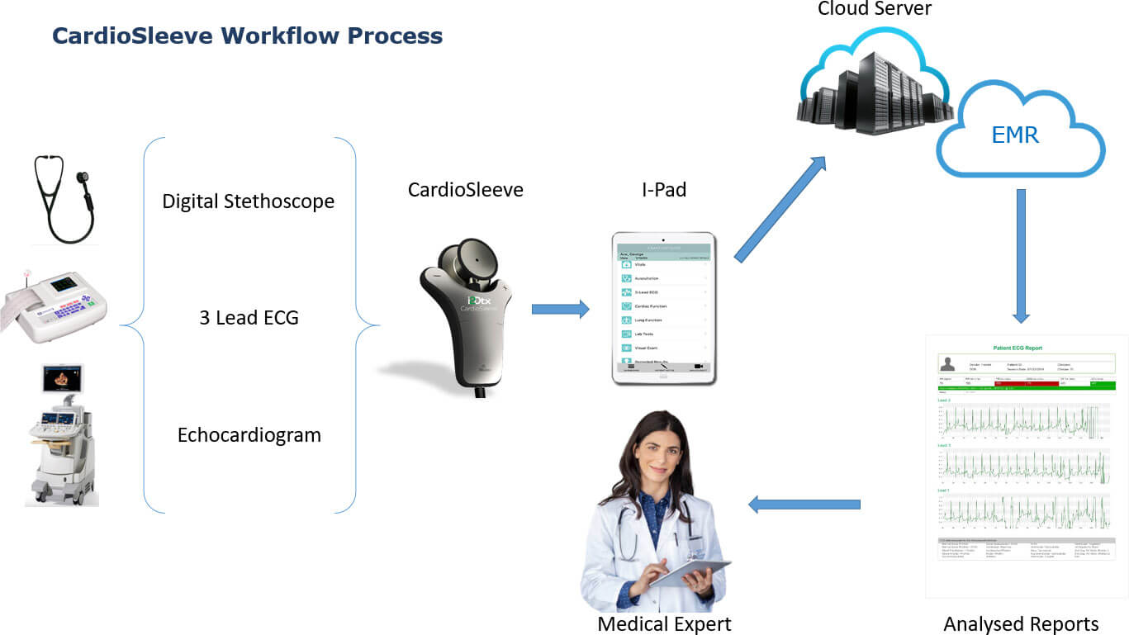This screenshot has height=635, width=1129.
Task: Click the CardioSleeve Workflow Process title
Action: pyautogui.click(x=247, y=36)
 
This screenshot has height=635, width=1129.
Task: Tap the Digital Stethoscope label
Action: pyautogui.click(x=248, y=201)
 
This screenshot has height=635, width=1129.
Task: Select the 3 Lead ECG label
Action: pyautogui.click(x=249, y=318)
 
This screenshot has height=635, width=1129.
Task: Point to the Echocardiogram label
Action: pyautogui.click(x=249, y=435)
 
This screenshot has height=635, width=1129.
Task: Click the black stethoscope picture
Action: pyautogui.click(x=63, y=198)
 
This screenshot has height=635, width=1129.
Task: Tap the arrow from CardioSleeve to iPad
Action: pyautogui.click(x=560, y=310)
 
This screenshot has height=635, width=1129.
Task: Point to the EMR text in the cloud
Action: pyautogui.click(x=1015, y=135)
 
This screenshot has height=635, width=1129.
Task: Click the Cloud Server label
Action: pyautogui.click(x=874, y=9)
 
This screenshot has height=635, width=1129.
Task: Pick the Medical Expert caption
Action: pyautogui.click(x=664, y=623)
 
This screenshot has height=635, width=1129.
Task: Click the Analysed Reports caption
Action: pyautogui.click(x=1021, y=623)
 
